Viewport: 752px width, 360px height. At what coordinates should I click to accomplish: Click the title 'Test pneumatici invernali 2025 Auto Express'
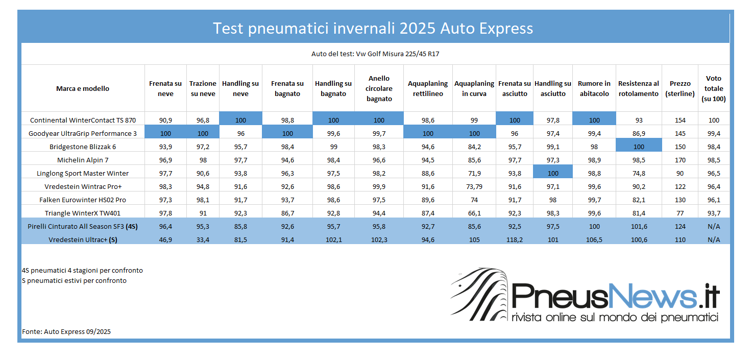pyautogui.click(x=373, y=28)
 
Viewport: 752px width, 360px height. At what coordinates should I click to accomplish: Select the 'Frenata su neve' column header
pyautogui.click(x=165, y=88)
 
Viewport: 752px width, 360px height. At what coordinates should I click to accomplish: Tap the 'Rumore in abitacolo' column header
pyautogui.click(x=594, y=88)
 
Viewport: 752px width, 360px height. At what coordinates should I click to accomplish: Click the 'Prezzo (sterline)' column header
pyautogui.click(x=680, y=88)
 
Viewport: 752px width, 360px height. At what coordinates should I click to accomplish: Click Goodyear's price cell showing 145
pyautogui.click(x=680, y=134)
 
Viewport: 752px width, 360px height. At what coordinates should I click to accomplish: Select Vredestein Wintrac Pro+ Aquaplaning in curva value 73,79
pyautogui.click(x=474, y=187)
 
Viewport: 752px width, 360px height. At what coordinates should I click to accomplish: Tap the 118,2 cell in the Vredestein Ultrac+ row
pyautogui.click(x=514, y=239)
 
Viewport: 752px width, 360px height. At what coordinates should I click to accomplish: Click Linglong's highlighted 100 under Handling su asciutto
pyautogui.click(x=553, y=174)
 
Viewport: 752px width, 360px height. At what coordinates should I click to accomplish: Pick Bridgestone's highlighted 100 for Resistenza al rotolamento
pyautogui.click(x=639, y=147)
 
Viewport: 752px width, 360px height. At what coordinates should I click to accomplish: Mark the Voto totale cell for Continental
pyautogui.click(x=714, y=121)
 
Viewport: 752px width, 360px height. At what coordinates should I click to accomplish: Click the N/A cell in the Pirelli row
pyautogui.click(x=714, y=226)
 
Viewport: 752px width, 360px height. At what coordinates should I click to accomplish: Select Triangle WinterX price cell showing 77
pyautogui.click(x=680, y=213)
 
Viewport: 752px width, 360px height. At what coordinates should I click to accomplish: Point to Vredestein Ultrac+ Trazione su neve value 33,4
pyautogui.click(x=203, y=239)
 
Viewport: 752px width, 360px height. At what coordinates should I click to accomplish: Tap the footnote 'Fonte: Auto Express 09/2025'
pyautogui.click(x=66, y=331)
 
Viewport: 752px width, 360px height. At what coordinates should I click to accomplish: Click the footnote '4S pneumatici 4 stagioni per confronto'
pyautogui.click(x=82, y=270)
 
